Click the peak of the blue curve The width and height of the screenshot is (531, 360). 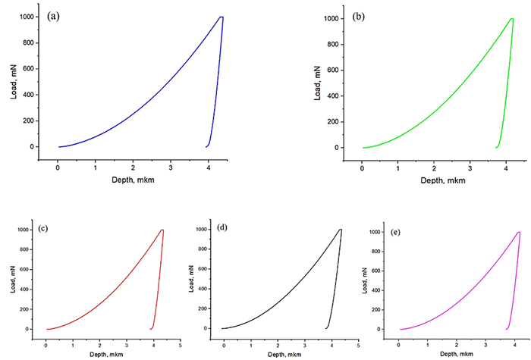coord(221,17)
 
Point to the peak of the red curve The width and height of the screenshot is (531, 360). coord(162,230)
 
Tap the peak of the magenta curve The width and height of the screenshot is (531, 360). coord(519,233)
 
